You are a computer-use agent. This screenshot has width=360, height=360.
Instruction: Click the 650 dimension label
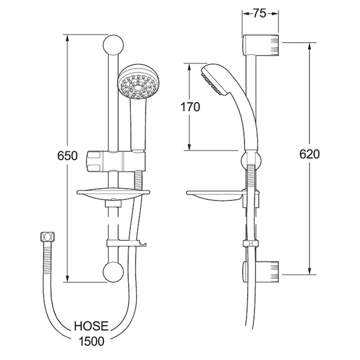point(67,156)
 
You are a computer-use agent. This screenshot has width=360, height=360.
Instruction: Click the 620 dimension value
point(310,154)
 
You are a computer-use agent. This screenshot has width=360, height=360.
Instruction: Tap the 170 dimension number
point(190,107)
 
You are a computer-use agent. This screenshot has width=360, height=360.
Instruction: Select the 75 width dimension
point(260,13)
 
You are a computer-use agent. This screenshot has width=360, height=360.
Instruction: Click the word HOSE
point(91,326)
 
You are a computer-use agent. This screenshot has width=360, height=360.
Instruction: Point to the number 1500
point(91,341)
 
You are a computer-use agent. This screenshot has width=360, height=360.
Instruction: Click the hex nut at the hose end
point(48,237)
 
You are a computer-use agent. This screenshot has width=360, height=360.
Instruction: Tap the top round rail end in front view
point(113,45)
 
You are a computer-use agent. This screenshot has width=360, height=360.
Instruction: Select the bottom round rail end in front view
point(113,272)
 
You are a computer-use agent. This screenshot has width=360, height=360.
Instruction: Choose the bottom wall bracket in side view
point(261,272)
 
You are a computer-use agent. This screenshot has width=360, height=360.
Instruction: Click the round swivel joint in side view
point(252,159)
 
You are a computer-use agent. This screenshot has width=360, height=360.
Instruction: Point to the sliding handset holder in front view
point(116,162)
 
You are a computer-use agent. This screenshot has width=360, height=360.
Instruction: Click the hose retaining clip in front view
point(126,243)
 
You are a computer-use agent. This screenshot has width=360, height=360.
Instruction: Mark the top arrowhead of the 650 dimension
point(67,38)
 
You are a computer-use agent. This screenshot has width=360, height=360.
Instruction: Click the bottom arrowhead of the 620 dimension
point(310,271)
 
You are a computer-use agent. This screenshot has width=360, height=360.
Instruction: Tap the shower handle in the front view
point(138,125)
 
